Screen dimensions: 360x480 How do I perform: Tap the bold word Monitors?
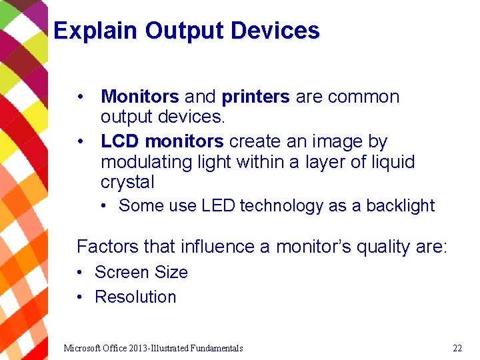[140, 97]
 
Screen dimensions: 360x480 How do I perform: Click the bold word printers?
[255, 97]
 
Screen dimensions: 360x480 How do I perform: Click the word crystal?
[127, 182]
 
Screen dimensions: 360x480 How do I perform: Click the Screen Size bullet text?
[141, 272]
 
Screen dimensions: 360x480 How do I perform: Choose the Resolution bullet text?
[135, 297]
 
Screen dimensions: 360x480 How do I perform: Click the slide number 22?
[457, 348]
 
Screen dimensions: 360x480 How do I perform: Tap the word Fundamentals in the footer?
[217, 348]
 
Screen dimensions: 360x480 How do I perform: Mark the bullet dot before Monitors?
[80, 97]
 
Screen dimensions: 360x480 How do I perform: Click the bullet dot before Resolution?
[79, 297]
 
